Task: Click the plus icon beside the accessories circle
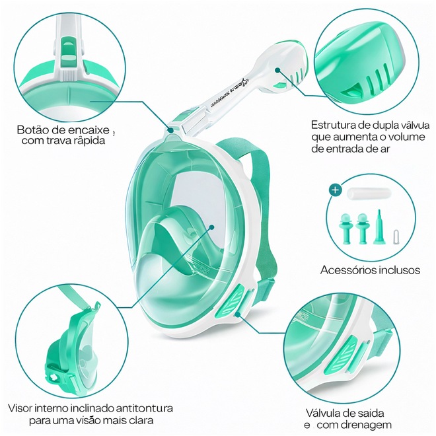point(336,190)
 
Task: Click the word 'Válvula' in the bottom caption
point(322,413)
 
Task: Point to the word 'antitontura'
point(144,408)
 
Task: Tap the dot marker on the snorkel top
point(277,70)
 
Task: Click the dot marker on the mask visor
point(211,227)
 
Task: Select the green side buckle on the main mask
point(231,303)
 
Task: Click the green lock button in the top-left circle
point(67,50)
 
